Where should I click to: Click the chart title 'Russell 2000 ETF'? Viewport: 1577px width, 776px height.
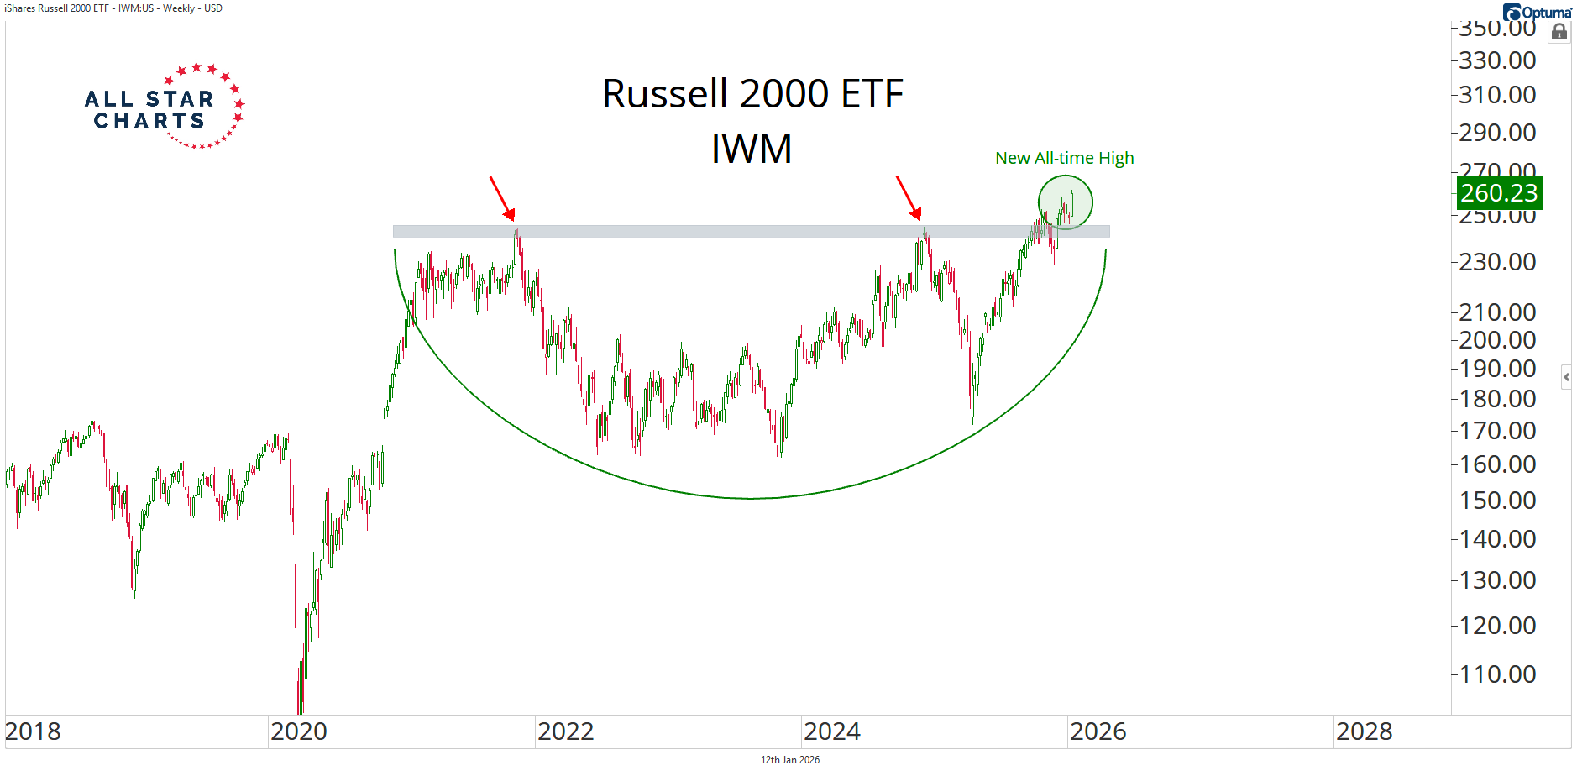click(752, 94)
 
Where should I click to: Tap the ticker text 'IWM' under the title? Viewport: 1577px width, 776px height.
click(752, 149)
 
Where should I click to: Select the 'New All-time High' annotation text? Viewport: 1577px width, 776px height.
click(1064, 158)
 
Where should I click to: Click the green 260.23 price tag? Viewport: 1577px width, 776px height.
click(1498, 193)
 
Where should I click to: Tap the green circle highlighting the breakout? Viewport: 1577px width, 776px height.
click(1065, 202)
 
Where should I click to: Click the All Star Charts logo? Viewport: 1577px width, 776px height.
click(165, 107)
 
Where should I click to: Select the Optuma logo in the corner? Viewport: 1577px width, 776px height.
click(1537, 12)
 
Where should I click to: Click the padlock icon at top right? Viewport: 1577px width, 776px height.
click(1559, 32)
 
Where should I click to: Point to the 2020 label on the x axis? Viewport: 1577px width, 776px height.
click(299, 731)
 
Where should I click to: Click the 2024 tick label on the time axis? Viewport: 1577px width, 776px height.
click(832, 731)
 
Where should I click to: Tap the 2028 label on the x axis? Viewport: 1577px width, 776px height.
click(1365, 731)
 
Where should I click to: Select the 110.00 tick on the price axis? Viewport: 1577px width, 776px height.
click(1497, 674)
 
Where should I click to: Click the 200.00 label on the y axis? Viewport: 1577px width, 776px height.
click(1497, 340)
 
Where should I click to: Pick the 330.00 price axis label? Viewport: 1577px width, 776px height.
click(1497, 60)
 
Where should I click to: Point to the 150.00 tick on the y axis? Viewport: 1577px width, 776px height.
click(1497, 500)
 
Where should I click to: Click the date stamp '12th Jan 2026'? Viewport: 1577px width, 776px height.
click(790, 760)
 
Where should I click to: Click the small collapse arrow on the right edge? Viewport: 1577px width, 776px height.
click(1566, 377)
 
